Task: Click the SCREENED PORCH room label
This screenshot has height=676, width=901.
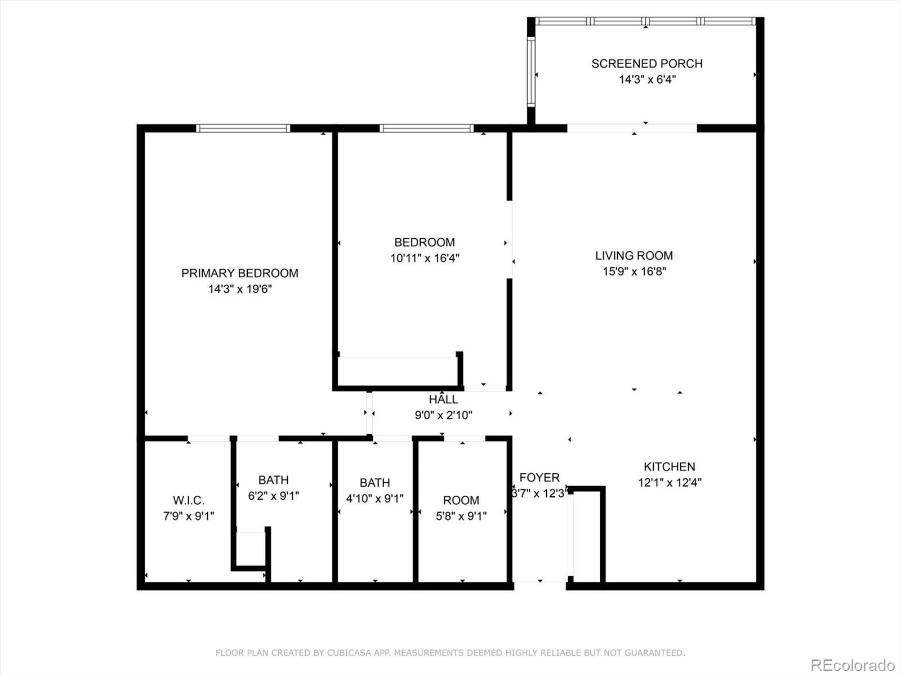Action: (647, 64)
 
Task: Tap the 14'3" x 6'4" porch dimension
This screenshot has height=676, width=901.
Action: (648, 79)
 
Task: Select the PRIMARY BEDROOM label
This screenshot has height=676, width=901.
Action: (240, 273)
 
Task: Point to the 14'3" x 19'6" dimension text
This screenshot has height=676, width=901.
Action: (240, 289)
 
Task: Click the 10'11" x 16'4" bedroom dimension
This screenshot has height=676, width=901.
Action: (425, 258)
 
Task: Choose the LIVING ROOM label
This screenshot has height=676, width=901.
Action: (634, 256)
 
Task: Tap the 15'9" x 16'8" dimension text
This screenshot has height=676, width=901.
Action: (634, 272)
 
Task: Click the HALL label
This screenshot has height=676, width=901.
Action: (443, 399)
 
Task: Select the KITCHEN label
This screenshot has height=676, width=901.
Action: (670, 466)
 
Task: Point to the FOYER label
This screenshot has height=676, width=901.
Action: (539, 477)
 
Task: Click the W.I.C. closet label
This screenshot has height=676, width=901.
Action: (189, 500)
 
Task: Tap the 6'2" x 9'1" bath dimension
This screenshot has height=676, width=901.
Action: (273, 496)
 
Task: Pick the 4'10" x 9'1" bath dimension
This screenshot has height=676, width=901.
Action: (375, 499)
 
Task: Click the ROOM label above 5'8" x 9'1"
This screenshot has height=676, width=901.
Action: (461, 500)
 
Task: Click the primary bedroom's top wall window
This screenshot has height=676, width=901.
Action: (243, 128)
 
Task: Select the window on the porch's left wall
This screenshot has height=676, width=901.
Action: (531, 72)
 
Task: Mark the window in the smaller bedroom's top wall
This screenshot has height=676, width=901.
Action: (426, 128)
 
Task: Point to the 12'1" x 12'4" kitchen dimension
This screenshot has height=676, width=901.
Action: (670, 482)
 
